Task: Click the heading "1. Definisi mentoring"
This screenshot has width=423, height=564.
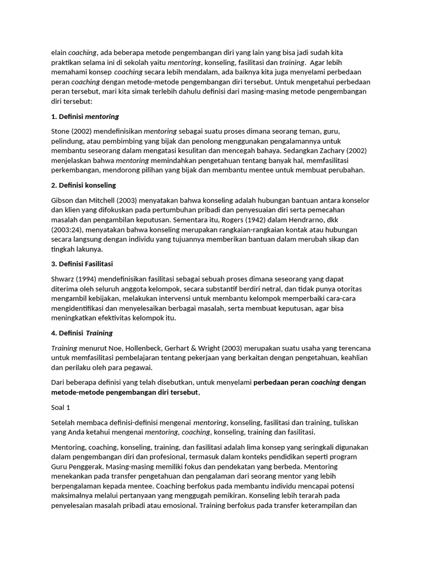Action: click(85, 117)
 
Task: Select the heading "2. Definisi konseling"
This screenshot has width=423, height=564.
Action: click(83, 185)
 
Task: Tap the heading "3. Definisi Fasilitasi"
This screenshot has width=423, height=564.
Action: click(82, 263)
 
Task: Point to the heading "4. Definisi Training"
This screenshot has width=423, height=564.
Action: click(82, 333)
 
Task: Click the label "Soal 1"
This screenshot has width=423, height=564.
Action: click(61, 408)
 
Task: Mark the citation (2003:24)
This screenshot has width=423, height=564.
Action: click(68, 229)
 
